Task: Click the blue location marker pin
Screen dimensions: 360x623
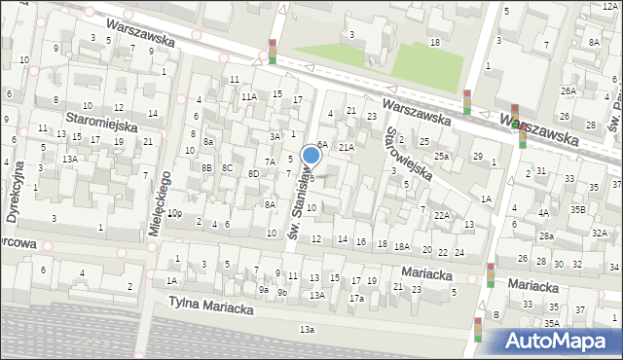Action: (311, 156)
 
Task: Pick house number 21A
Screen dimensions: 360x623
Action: (346, 147)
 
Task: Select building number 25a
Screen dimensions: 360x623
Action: (442, 156)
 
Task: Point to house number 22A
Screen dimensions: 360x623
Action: (441, 215)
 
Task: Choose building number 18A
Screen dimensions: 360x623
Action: (401, 246)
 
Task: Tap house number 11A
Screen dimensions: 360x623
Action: (249, 96)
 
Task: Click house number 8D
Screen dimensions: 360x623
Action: (253, 173)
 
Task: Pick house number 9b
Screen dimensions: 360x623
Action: (281, 292)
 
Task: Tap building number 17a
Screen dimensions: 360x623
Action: (356, 298)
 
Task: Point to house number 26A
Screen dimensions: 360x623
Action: (568, 90)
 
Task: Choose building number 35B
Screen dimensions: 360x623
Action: (578, 209)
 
